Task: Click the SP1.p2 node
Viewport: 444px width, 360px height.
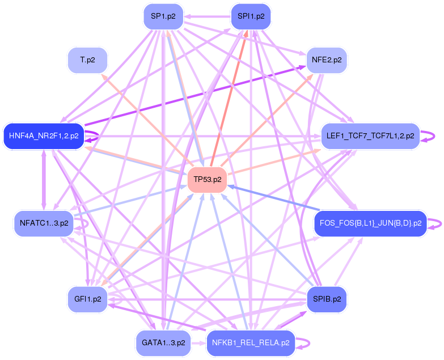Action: [163, 16]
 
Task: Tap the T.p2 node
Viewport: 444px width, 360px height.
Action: [87, 59]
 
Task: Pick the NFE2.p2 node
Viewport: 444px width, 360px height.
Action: [326, 59]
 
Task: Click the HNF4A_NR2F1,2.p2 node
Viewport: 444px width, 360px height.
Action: [44, 136]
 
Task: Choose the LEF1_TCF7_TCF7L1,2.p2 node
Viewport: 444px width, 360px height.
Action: [370, 136]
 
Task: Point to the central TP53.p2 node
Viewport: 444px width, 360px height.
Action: [207, 180]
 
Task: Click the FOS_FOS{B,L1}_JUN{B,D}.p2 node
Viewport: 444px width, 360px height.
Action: [370, 223]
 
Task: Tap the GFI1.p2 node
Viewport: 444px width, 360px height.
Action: [87, 299]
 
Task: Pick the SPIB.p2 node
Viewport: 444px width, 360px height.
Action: [326, 299]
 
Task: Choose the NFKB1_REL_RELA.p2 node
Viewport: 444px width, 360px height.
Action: [251, 343]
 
